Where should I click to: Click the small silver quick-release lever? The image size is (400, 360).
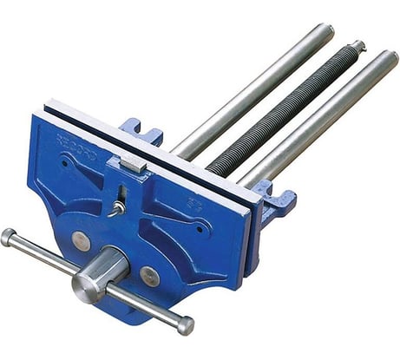116,207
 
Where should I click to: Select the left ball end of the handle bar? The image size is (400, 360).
8,236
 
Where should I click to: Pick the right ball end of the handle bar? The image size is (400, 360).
185,325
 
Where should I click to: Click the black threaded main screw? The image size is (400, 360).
278,113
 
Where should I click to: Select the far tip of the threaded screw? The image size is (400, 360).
357,45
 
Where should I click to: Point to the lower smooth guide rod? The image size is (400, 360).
321,117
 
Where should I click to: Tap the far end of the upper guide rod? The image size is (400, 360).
325,31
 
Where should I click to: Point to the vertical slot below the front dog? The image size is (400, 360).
121,193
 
